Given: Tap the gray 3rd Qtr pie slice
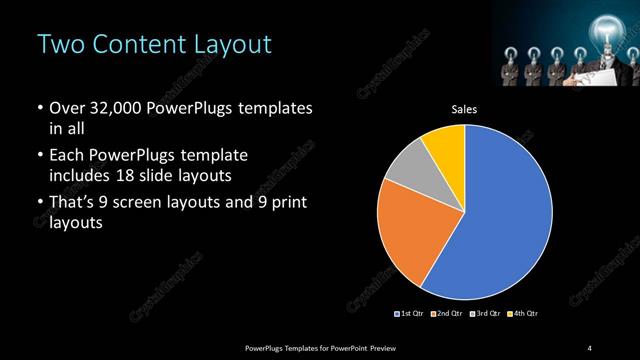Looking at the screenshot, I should click(x=406, y=174).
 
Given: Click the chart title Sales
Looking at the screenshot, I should click(x=464, y=110).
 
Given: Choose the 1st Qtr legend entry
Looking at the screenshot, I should click(x=411, y=314).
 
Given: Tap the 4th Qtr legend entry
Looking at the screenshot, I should click(x=523, y=314).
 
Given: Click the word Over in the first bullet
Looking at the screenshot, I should click(x=67, y=108).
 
